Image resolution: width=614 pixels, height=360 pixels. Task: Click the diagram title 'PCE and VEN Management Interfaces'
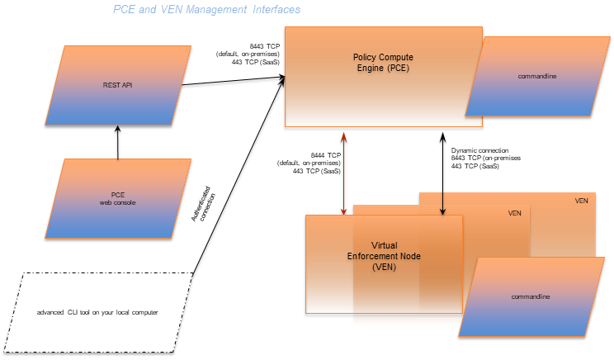pos(206,10)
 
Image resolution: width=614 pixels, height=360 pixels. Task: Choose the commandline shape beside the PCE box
pos(537,77)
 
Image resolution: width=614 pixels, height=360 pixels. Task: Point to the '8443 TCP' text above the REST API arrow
pos(265,46)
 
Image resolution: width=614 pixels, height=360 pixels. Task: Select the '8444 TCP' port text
pos(326,155)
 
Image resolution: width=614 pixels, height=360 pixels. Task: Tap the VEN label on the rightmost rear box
pos(581,201)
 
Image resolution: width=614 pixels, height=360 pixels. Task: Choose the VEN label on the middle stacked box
pos(515,213)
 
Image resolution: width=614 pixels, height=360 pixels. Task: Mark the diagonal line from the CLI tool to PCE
pos(239,173)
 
